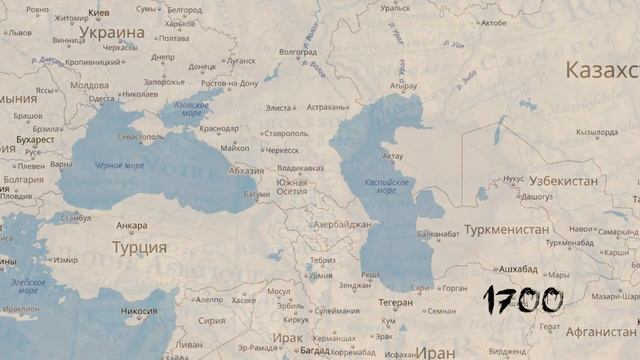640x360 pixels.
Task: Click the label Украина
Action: tap(113, 32)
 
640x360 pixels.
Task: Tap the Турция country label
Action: tap(139, 247)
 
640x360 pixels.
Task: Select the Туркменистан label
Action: tap(506, 230)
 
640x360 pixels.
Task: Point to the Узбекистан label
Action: tap(564, 181)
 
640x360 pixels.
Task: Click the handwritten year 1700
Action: tap(523, 299)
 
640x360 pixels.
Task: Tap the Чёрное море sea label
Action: tap(119, 165)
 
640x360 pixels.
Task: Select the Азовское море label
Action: tap(192, 109)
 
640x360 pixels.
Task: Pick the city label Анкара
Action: tap(131, 226)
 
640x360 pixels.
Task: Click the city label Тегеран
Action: tap(396, 302)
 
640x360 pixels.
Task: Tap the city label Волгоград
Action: tap(298, 52)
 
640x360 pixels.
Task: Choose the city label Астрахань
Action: tap(327, 107)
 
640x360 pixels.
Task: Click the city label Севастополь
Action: tap(140, 137)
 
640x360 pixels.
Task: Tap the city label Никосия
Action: tap(139, 311)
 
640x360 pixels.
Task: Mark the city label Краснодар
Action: tap(218, 128)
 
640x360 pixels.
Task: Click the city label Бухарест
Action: tap(36, 140)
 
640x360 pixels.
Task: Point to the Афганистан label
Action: tap(601, 331)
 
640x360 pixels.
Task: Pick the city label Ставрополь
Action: tap(286, 133)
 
